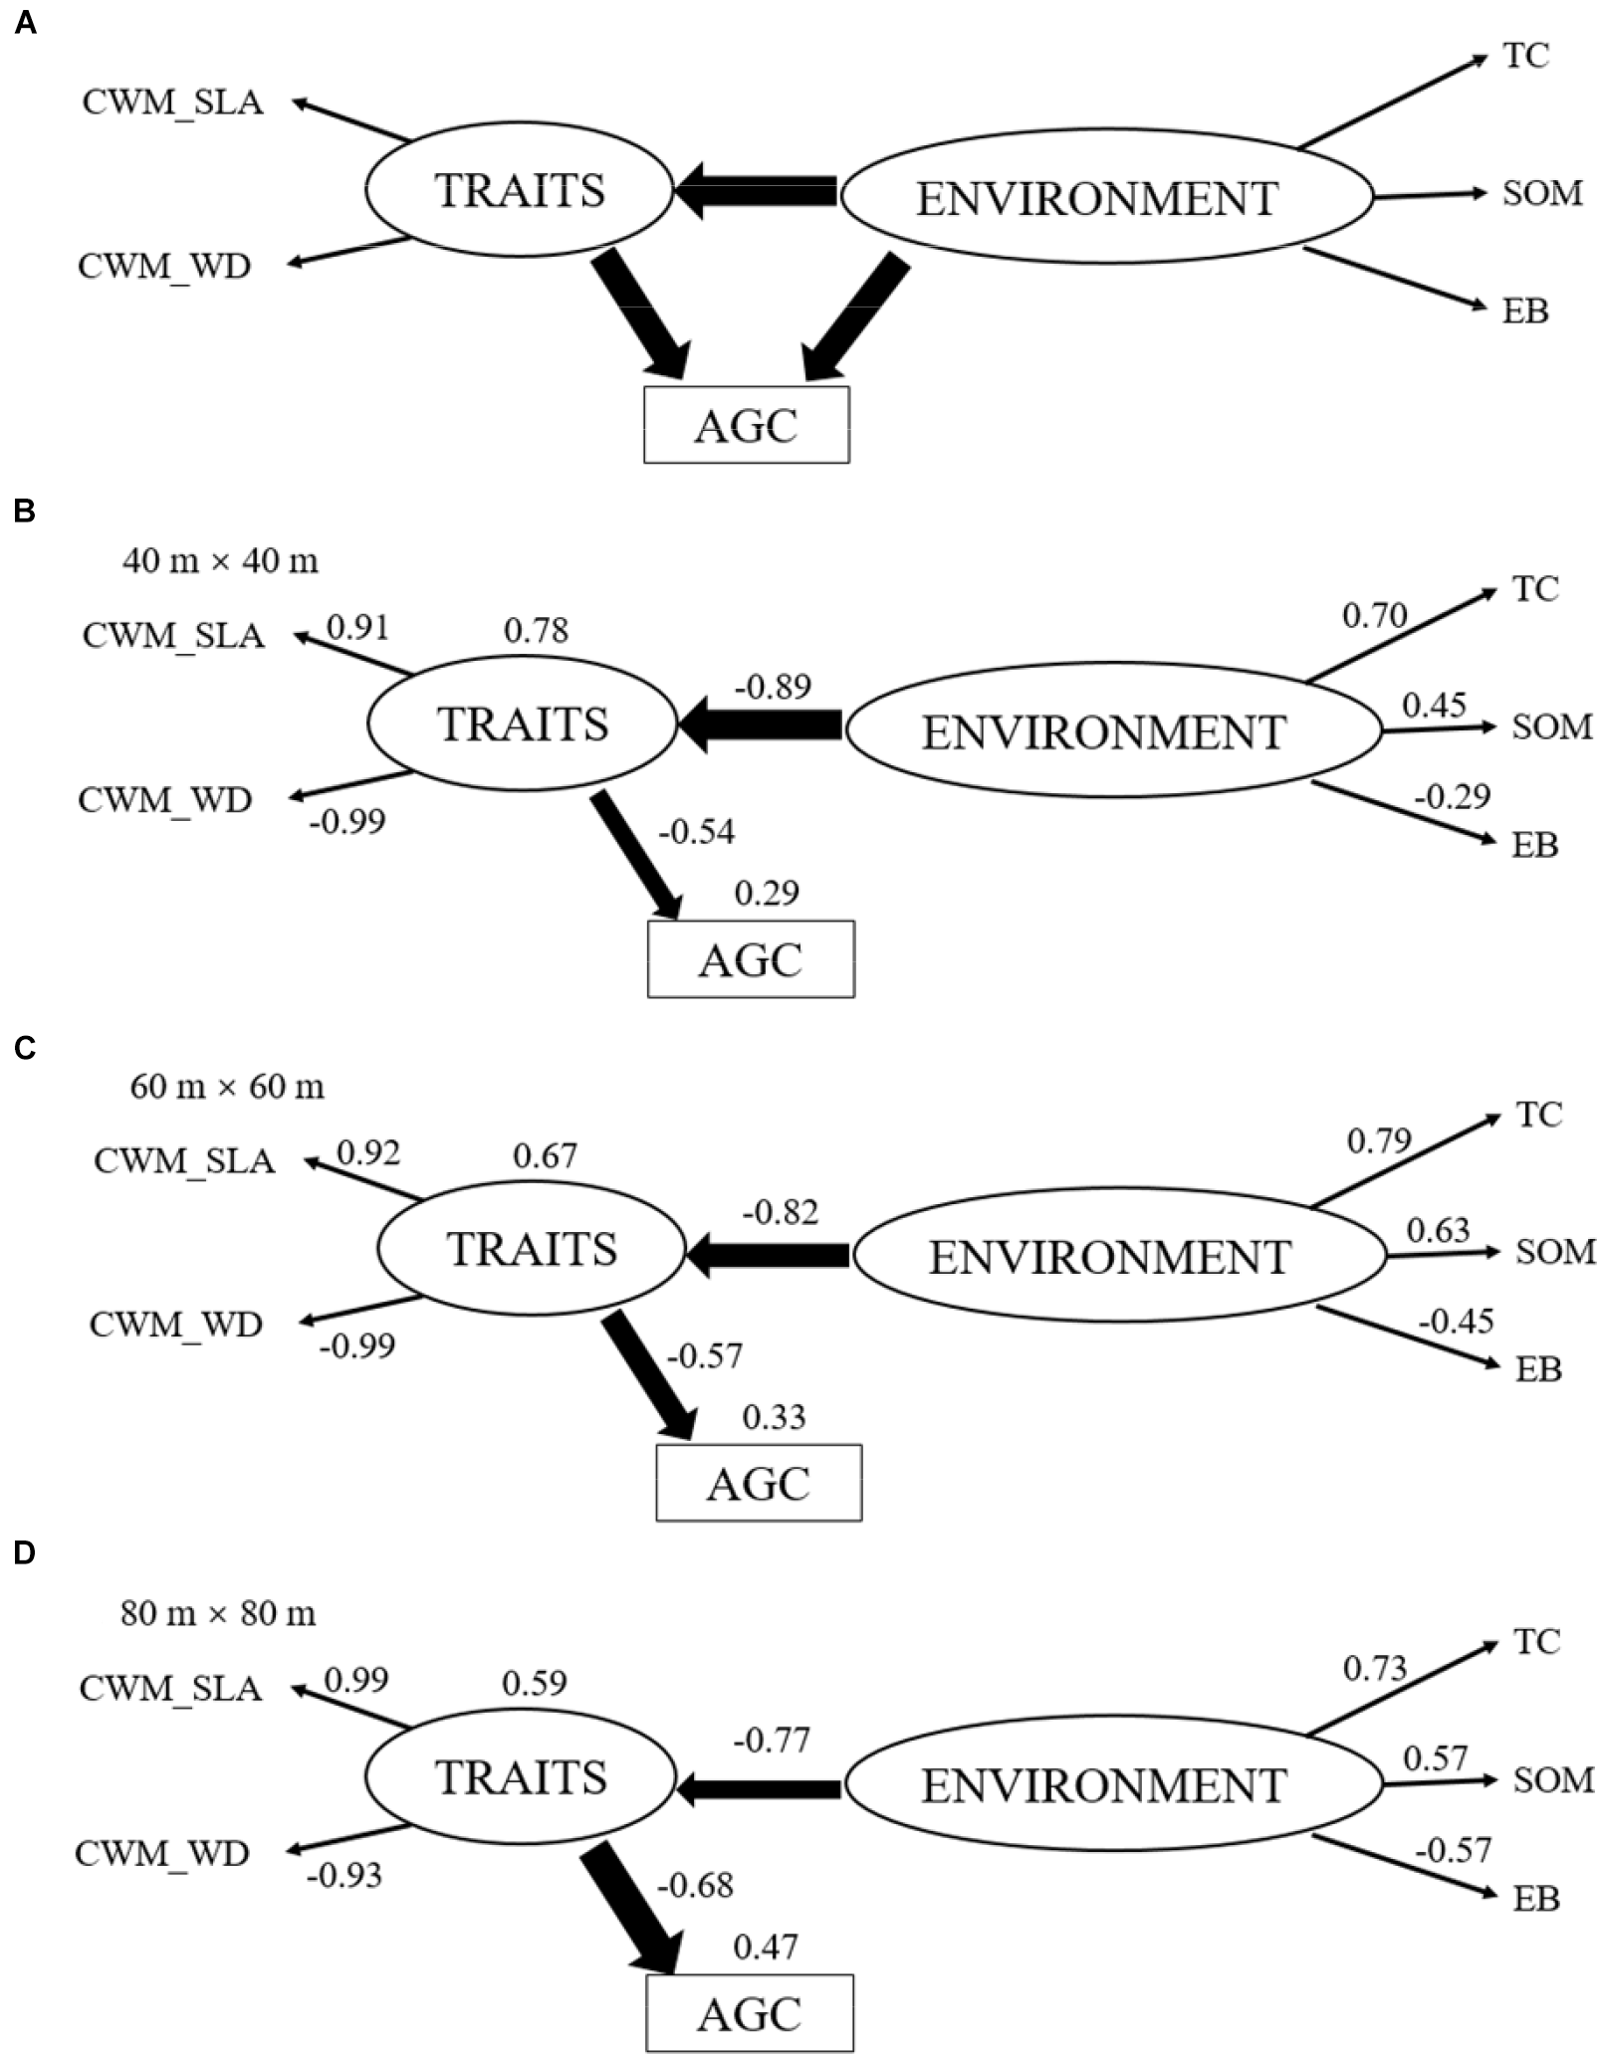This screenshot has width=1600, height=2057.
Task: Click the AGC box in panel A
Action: [746, 425]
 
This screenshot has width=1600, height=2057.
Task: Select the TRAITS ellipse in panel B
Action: [523, 723]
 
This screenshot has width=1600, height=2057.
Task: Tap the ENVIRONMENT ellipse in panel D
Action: [1104, 1785]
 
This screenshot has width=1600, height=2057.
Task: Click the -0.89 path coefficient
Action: [773, 687]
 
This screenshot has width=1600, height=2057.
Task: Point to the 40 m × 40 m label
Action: [220, 561]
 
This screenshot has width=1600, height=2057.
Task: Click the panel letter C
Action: [24, 1048]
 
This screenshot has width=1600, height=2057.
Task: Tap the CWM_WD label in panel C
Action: [175, 1325]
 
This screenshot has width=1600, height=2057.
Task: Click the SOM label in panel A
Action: [1541, 192]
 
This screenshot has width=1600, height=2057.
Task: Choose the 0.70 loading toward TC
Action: [1374, 616]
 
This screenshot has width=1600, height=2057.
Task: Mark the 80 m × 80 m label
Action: [218, 1613]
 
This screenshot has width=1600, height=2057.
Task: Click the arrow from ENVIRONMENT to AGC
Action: [855, 317]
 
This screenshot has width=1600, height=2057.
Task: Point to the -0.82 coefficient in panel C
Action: [780, 1212]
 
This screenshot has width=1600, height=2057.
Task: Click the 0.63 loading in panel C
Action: [1438, 1230]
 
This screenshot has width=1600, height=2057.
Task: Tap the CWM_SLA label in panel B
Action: [173, 635]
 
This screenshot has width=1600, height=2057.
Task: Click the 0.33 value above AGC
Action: [774, 1416]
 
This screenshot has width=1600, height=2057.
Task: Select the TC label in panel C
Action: [1538, 1115]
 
